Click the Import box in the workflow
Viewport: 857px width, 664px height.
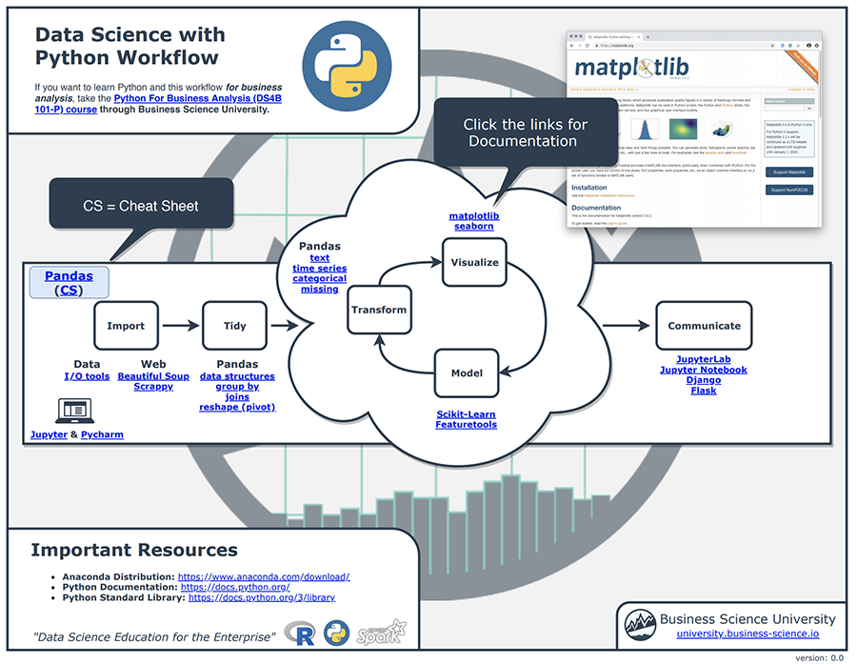(x=126, y=326)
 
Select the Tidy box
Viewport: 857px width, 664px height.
(x=234, y=326)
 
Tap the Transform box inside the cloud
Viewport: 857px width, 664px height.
(x=379, y=310)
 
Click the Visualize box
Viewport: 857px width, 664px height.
(x=474, y=262)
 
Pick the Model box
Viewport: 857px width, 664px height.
(x=467, y=373)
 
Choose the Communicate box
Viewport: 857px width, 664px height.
(x=704, y=326)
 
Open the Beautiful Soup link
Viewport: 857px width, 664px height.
(x=153, y=376)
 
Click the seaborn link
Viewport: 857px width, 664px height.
(x=473, y=227)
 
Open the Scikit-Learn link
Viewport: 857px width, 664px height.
(x=466, y=414)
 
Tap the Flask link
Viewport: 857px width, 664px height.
(x=703, y=391)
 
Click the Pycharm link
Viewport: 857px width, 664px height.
(x=102, y=434)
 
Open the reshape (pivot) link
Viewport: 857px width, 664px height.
(x=237, y=408)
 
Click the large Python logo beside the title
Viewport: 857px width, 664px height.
(x=341, y=63)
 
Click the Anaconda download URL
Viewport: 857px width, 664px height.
(x=264, y=576)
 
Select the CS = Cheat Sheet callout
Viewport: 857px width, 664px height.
(x=141, y=206)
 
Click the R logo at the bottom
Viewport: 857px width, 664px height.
(x=306, y=634)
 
